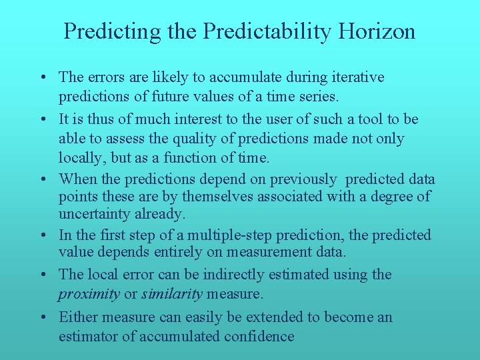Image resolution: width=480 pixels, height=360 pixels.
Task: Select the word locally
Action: (82, 158)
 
